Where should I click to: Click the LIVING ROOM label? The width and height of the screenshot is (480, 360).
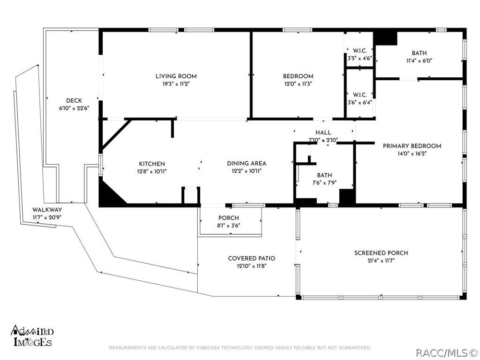(176, 76)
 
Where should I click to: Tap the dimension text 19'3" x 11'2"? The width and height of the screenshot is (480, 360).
(176, 84)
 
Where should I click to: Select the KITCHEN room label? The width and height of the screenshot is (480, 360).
(152, 164)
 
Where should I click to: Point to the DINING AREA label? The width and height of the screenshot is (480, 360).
(246, 164)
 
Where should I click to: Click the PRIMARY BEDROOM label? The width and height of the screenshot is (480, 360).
(412, 146)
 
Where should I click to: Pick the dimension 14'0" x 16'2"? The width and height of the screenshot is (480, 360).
(412, 154)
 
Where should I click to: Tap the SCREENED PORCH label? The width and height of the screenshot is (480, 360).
(381, 253)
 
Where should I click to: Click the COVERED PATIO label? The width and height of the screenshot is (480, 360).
(252, 258)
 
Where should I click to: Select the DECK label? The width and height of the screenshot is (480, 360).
(74, 101)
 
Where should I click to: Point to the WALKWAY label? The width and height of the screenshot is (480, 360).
(47, 210)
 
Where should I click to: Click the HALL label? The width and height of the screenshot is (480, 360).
(323, 132)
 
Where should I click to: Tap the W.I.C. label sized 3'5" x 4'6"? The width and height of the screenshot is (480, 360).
(360, 50)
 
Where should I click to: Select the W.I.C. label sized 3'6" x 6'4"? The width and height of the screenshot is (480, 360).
(360, 95)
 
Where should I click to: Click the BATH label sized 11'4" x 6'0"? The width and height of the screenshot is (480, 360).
(419, 53)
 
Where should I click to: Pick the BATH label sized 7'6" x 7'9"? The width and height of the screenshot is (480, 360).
(324, 175)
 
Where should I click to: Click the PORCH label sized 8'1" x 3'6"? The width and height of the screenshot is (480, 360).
(228, 218)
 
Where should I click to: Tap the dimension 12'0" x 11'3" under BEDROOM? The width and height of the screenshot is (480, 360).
(298, 84)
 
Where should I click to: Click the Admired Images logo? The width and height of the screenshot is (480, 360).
(33, 336)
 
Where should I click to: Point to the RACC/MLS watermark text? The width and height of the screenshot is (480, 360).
(446, 353)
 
